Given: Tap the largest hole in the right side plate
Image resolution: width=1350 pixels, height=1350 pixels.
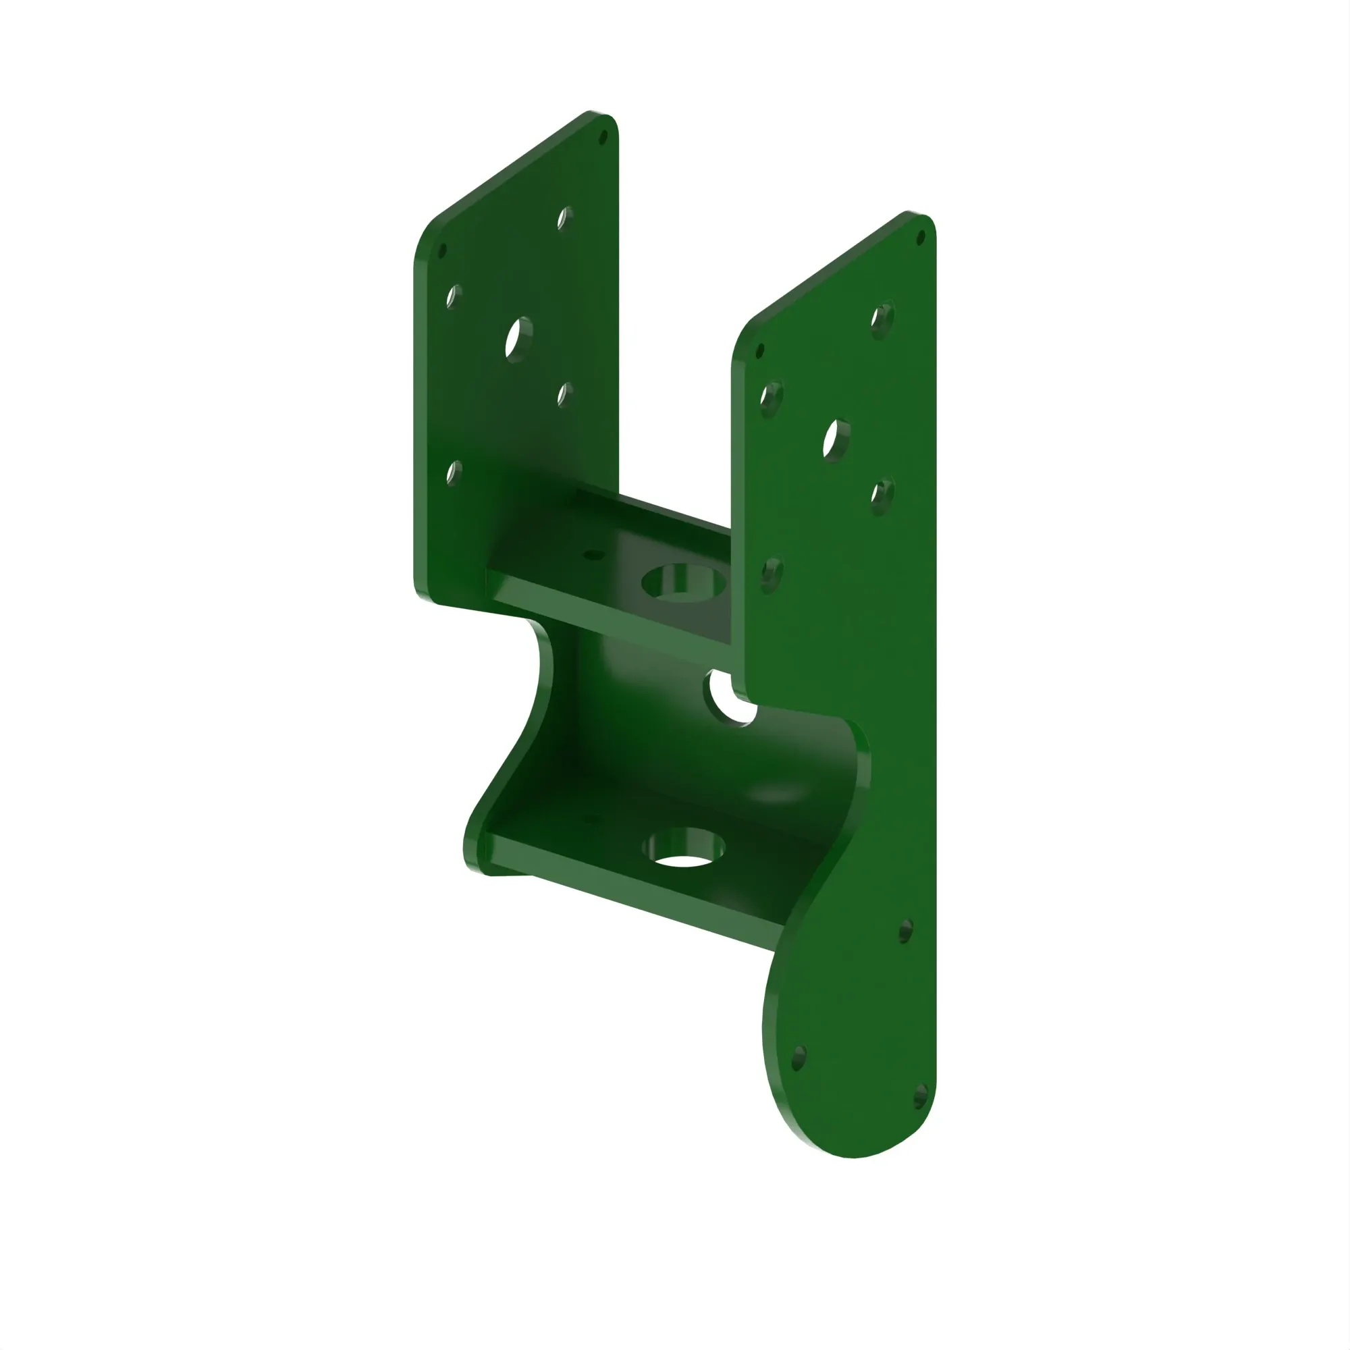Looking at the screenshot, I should coord(836,439).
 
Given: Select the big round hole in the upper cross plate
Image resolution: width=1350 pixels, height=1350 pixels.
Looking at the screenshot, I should coord(682,581).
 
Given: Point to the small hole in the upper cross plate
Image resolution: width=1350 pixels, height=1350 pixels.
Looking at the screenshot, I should coord(594,556).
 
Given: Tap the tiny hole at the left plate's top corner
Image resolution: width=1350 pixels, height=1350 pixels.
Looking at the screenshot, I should coord(604,137).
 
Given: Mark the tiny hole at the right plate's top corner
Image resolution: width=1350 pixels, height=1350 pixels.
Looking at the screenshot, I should coord(921,238).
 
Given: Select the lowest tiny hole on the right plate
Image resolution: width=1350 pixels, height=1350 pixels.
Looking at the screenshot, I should coord(920,1097).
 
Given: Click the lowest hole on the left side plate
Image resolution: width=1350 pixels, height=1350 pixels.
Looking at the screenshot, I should coord(454,473).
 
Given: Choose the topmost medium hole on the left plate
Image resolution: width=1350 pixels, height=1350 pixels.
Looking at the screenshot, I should coord(564,218).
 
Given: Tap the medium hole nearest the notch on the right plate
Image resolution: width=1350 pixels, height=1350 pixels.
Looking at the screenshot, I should coord(771,574).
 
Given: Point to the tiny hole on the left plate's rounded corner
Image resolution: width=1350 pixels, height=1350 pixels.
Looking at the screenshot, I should coord(441,250).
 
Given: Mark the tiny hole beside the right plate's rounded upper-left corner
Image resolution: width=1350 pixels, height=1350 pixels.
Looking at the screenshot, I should coord(760,350).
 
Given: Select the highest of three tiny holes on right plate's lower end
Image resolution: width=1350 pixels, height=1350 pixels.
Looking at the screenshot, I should coord(906,931).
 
